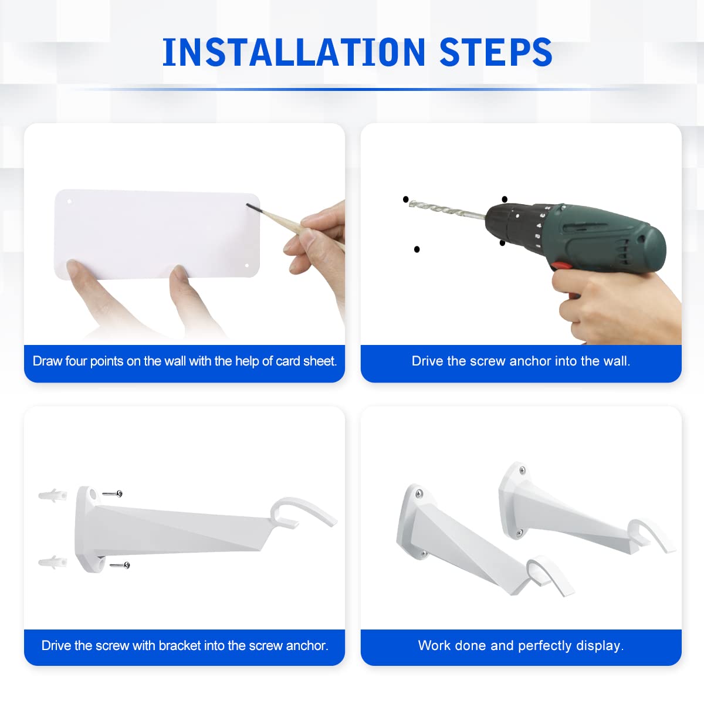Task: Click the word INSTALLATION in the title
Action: click(x=294, y=52)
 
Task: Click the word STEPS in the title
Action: click(x=496, y=52)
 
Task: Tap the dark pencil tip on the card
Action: click(x=251, y=207)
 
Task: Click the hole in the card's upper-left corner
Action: click(x=69, y=201)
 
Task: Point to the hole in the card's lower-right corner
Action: click(x=246, y=266)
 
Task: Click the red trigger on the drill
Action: click(x=562, y=265)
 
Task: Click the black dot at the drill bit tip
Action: click(x=405, y=199)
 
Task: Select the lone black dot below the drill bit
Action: click(x=417, y=249)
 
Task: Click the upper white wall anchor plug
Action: click(x=53, y=495)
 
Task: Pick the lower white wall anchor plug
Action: click(x=53, y=562)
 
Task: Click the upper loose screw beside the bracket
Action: click(x=113, y=493)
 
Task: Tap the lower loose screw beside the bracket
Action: click(x=120, y=565)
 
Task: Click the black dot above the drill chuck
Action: click(x=505, y=199)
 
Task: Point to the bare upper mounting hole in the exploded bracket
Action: click(x=93, y=495)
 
